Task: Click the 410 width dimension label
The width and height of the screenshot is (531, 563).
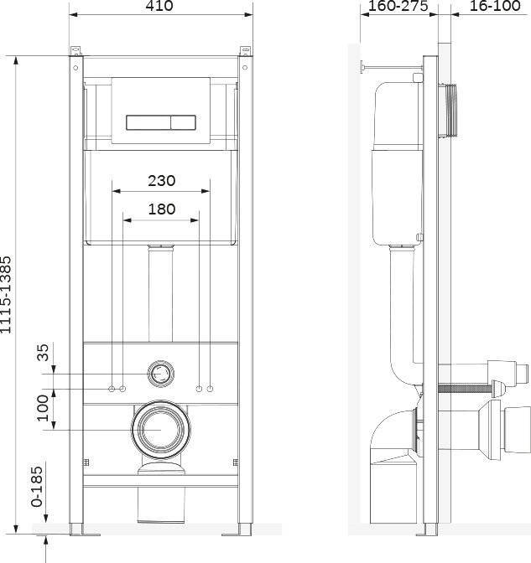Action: [159, 5]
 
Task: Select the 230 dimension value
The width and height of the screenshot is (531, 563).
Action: [161, 181]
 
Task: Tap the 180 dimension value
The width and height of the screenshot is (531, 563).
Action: [162, 209]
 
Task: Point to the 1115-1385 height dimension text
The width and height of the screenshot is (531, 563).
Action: [6, 294]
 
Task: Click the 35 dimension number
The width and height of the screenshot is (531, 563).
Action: [43, 352]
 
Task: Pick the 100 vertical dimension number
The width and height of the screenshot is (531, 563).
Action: [43, 408]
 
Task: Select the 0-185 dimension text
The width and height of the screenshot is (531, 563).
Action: [37, 487]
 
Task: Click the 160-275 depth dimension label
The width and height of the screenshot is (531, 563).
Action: [398, 6]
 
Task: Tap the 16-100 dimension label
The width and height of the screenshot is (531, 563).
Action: [495, 6]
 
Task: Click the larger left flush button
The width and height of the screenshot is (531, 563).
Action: [148, 122]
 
